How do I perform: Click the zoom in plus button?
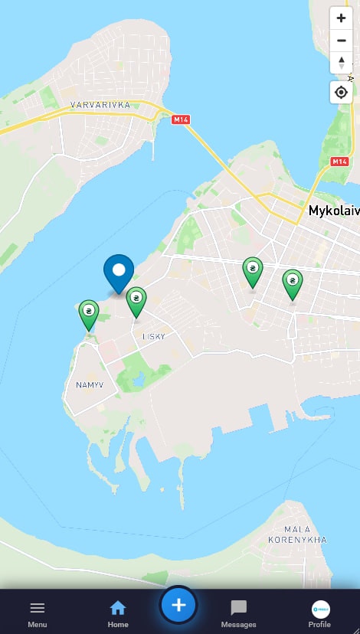[x=341, y=18]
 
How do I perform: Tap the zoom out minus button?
[x=341, y=41]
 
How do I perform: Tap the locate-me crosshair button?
[x=341, y=93]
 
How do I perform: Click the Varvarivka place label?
[x=100, y=104]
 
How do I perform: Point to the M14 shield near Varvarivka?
[x=181, y=119]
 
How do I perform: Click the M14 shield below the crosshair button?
[x=340, y=162]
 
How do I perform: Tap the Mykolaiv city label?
[x=333, y=210]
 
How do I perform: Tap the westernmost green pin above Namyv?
[x=90, y=312]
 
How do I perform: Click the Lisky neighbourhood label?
[x=154, y=336]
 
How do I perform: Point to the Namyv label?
[x=90, y=384]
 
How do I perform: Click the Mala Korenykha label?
[x=297, y=534]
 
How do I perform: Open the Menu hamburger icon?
[x=38, y=609]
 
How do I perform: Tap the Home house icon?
[x=118, y=609]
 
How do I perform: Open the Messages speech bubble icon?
[x=239, y=609]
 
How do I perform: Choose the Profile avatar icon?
[x=320, y=609]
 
